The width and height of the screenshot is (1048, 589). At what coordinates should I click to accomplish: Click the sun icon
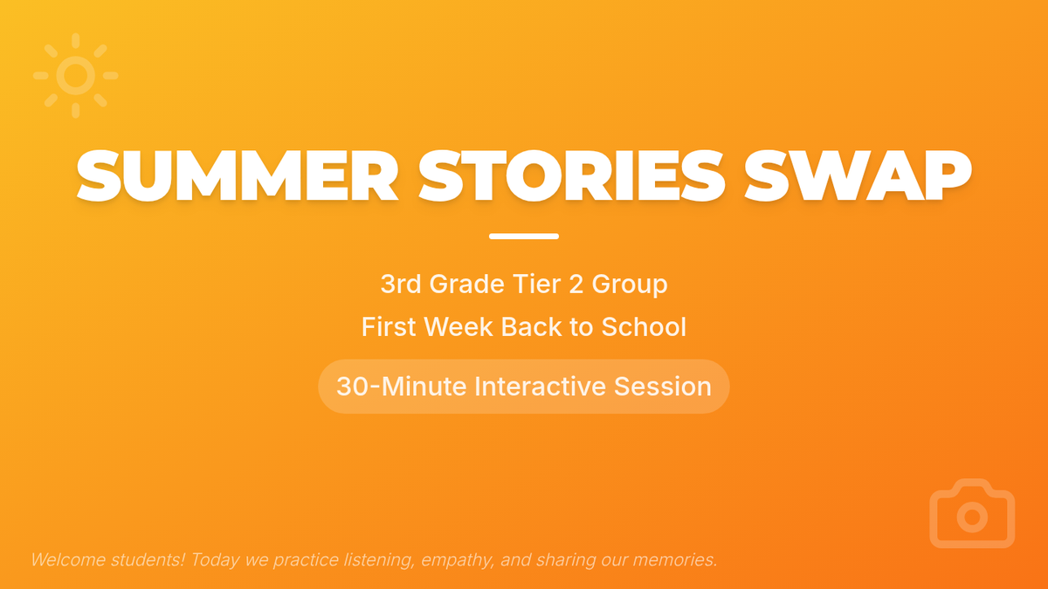point(76,75)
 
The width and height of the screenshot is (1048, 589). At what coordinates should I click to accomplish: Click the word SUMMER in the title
point(238,175)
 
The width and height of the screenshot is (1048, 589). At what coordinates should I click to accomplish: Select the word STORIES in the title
point(571,175)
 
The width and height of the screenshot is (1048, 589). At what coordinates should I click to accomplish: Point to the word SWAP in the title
point(858,175)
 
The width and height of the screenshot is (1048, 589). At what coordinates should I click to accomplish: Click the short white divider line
point(524,236)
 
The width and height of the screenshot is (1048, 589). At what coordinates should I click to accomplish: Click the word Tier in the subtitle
point(536,284)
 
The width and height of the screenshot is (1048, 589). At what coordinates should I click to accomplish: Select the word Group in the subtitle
point(630,284)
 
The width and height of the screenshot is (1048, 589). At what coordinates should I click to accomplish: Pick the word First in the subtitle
point(389,326)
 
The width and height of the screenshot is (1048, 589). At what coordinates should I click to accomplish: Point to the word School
point(644,326)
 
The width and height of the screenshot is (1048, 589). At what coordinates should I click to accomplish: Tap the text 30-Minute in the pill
point(402,387)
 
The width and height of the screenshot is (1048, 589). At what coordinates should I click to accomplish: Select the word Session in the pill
point(663,387)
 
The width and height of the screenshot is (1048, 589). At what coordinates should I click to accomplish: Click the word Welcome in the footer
point(68,559)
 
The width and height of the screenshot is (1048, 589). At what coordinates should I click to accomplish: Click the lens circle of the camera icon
point(972,517)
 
